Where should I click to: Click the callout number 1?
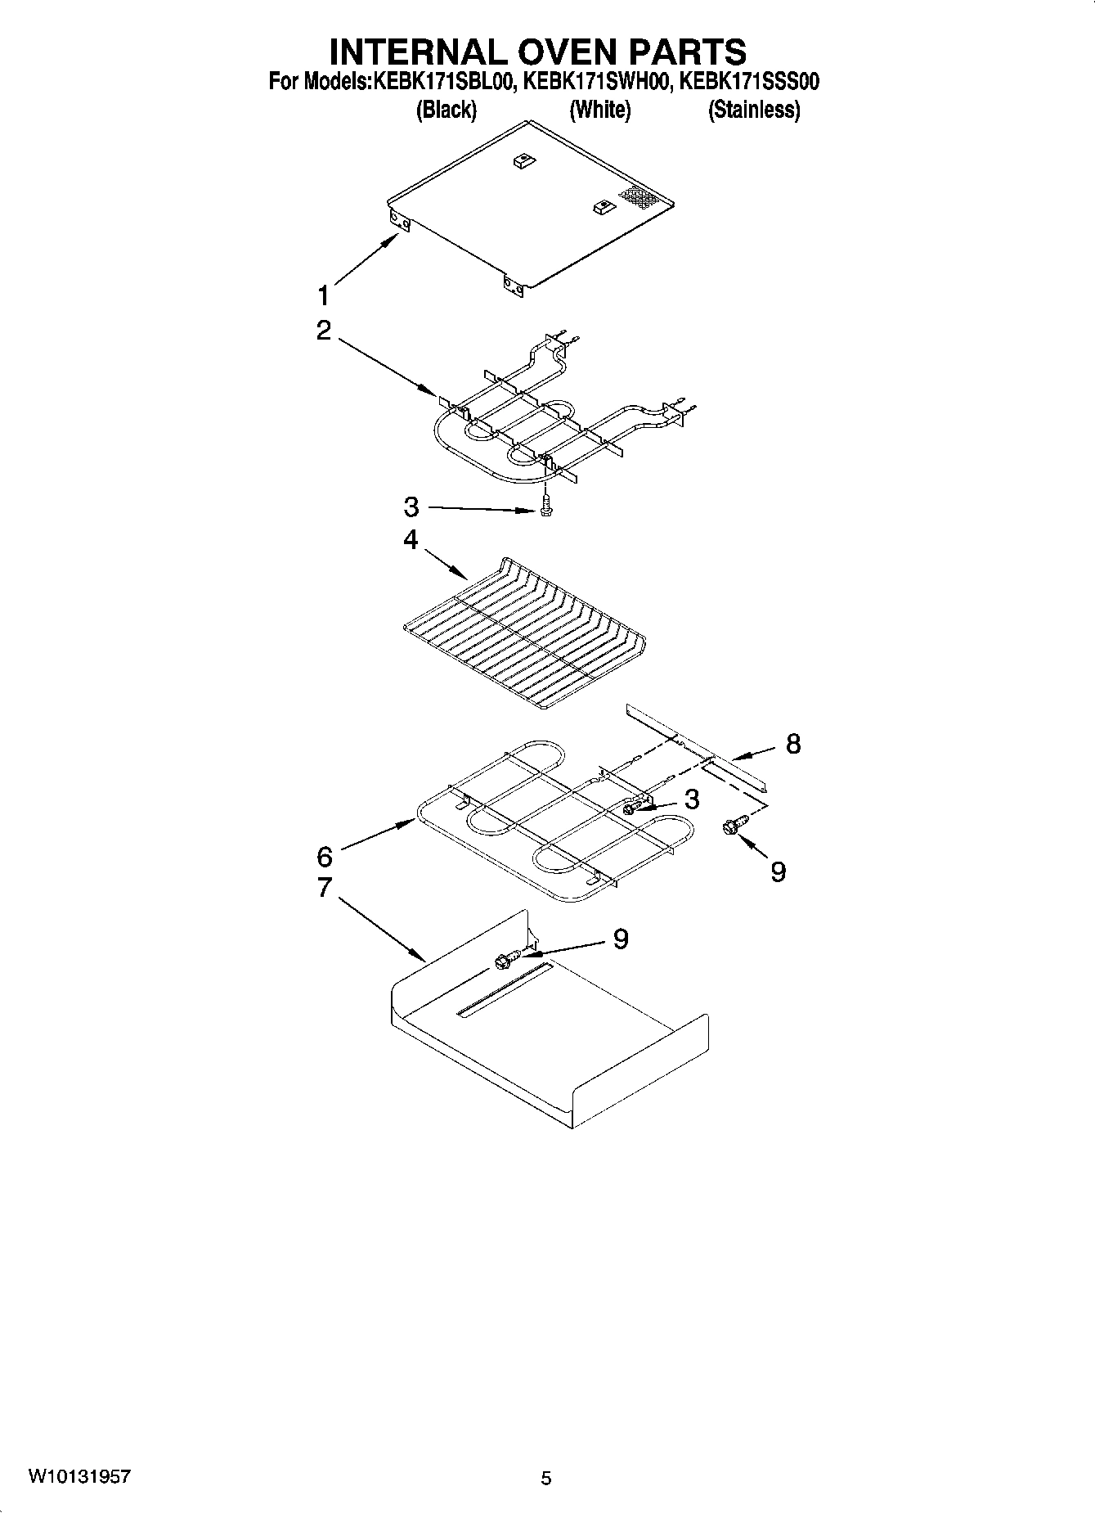click(324, 295)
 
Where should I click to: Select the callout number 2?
click(324, 331)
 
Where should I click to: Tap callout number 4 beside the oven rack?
click(410, 541)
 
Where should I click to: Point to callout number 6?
click(325, 857)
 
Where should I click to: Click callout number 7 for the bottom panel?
click(324, 887)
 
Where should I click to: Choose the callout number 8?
click(792, 744)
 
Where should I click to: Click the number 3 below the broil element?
click(411, 507)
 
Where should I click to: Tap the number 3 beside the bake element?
click(692, 799)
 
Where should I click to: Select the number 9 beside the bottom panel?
click(621, 939)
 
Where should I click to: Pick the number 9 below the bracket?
click(778, 871)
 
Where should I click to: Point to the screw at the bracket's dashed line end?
click(729, 827)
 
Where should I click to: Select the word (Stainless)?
click(753, 110)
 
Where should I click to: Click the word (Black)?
click(447, 110)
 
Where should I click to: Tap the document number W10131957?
click(79, 1477)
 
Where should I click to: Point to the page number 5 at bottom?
click(546, 1478)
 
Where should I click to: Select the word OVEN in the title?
click(546, 51)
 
